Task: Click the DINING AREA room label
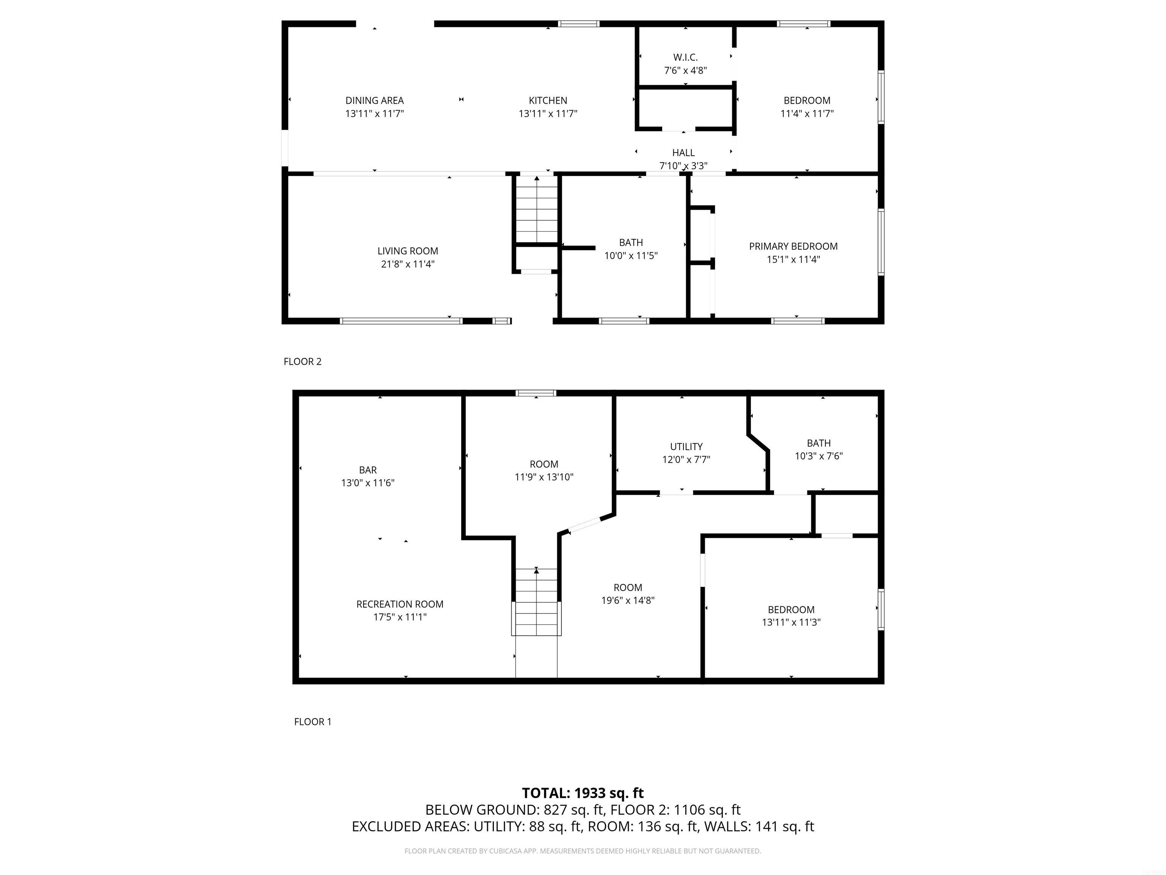pos(374,100)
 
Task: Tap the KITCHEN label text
pos(548,100)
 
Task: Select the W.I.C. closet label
pos(685,57)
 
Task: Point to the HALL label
pos(683,152)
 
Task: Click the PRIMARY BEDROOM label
pos(793,246)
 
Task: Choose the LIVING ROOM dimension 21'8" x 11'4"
pos(408,264)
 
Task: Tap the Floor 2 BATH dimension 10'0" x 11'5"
pos(630,256)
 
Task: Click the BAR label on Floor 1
pos(367,470)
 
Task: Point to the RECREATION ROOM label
pos(400,604)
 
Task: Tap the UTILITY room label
pos(686,447)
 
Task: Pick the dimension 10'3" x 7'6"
pos(819,456)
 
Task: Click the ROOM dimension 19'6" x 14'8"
pos(627,600)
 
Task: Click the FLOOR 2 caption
pos(302,361)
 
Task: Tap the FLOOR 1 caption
pos(313,722)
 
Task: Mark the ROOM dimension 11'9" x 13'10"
pos(544,477)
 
